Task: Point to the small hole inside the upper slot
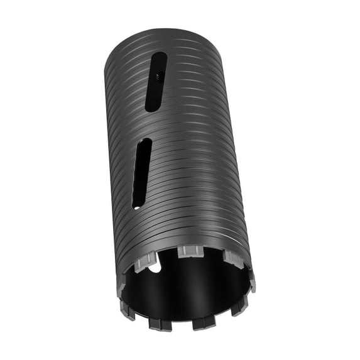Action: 158,74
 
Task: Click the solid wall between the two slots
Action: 148,126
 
